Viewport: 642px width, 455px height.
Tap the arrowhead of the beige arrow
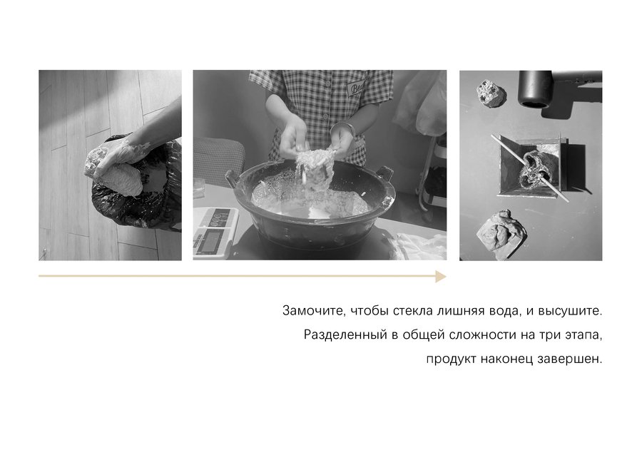point(441,276)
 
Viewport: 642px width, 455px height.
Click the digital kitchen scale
point(215,232)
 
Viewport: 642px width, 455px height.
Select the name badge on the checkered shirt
point(355,87)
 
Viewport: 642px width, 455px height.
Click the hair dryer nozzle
point(534,89)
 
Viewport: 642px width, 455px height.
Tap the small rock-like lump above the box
point(491,93)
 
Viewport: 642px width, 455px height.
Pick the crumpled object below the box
point(500,233)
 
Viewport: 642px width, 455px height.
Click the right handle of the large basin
point(384,173)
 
